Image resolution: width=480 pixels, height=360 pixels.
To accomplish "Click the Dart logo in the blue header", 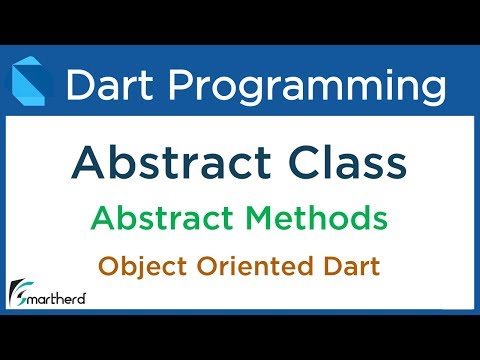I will click(x=31, y=84).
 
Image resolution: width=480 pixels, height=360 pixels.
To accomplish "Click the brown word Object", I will click(x=139, y=268).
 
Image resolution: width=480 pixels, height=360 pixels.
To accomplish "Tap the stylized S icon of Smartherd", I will click(x=17, y=292).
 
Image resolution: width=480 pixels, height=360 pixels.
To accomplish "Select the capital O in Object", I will click(x=108, y=267).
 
